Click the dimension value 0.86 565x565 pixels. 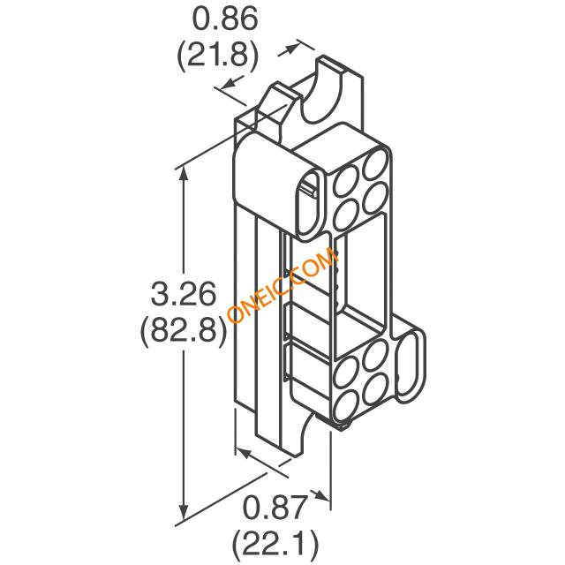pos(226,19)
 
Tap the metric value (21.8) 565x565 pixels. pos(218,55)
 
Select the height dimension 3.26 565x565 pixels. pos(184,294)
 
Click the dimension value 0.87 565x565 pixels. pos(275,508)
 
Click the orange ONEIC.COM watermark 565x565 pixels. pos(283,284)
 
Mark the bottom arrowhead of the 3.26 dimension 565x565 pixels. pos(184,511)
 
